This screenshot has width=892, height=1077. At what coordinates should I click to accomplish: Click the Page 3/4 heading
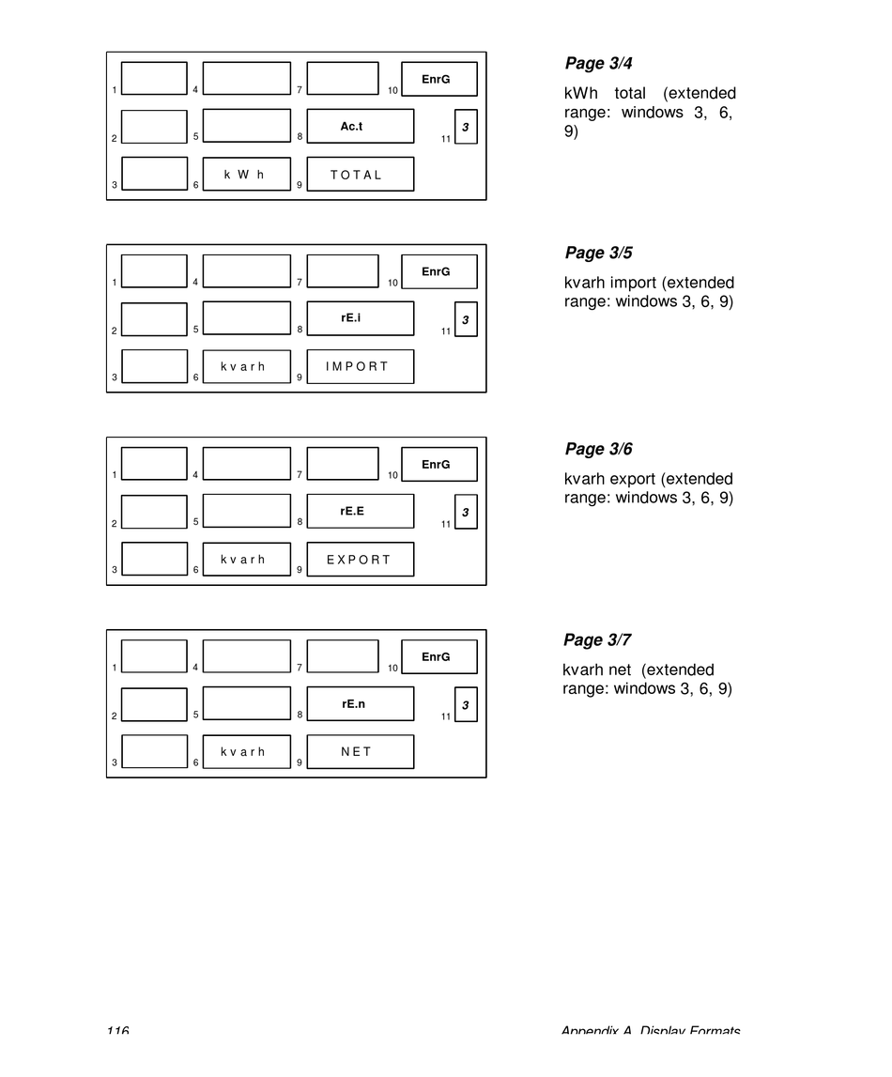tap(597, 64)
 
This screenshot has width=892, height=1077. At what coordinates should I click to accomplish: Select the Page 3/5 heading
tap(597, 254)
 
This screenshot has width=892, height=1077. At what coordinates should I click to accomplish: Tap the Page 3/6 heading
tap(597, 450)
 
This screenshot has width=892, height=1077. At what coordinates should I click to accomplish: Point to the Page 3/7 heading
tap(597, 640)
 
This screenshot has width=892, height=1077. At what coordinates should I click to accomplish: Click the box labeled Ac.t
tap(360, 126)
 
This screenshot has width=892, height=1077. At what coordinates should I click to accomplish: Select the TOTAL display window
tap(360, 174)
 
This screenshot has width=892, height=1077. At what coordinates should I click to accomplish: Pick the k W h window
tap(246, 174)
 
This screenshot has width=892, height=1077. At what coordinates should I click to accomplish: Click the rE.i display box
tap(360, 318)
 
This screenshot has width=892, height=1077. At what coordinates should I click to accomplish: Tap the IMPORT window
tap(360, 366)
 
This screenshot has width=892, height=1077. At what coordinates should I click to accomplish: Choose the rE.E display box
tap(360, 511)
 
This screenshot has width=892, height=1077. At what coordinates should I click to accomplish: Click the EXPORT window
tap(360, 559)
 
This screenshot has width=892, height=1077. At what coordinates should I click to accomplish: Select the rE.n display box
tap(360, 703)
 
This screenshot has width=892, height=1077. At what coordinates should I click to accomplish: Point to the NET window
tap(360, 751)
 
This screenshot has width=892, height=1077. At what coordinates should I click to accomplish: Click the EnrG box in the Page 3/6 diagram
tap(438, 464)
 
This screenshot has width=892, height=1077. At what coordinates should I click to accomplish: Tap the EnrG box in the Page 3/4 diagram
tap(438, 79)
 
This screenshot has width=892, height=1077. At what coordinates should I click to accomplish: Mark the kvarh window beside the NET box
tap(246, 751)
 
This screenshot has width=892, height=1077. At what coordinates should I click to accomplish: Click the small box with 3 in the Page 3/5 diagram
tap(466, 319)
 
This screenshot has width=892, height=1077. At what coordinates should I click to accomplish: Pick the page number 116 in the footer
tap(117, 1031)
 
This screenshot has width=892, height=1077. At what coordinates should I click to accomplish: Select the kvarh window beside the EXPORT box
tap(246, 559)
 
